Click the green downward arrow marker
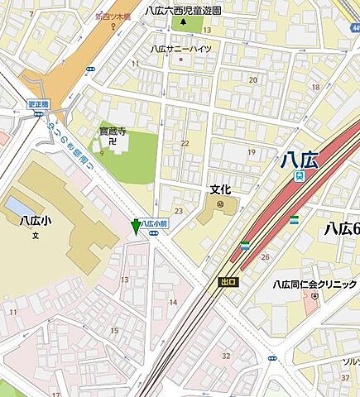tap(137, 226)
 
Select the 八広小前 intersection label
tap(155, 223)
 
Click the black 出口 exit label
tap(228, 282)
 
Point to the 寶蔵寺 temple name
tap(112, 131)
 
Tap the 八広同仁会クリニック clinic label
tap(315, 285)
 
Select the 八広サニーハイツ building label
tap(180, 49)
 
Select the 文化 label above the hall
tap(218, 189)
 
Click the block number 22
tap(185, 143)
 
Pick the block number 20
tap(252, 80)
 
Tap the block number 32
tap(225, 356)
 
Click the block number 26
tap(265, 256)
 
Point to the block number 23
tap(178, 211)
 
